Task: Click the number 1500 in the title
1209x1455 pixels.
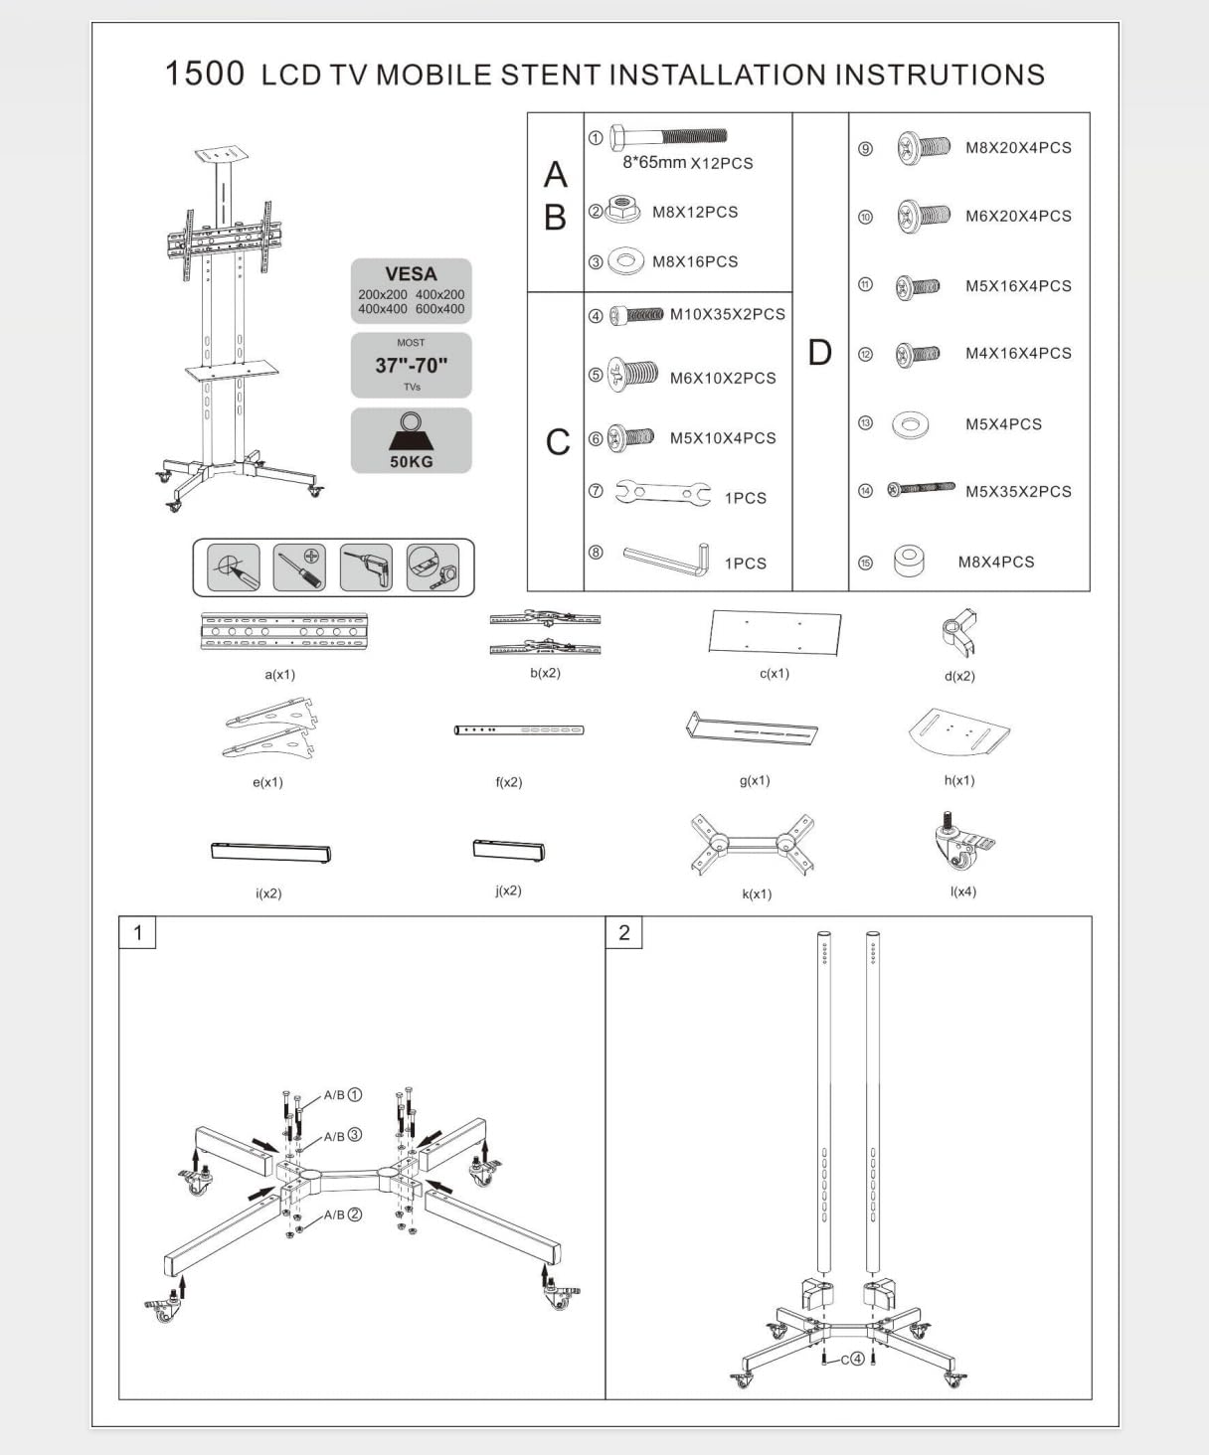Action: [204, 74]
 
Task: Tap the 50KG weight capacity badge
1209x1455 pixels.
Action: [411, 440]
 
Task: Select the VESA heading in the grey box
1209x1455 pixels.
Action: [411, 273]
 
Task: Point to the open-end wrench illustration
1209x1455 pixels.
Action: [662, 492]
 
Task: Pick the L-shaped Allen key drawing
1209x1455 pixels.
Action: [667, 559]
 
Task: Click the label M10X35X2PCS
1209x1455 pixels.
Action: [727, 314]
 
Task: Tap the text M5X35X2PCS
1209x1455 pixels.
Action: [1018, 491]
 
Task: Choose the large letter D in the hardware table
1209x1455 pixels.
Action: [819, 352]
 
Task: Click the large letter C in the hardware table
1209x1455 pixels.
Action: [558, 441]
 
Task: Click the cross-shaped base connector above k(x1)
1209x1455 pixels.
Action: [753, 845]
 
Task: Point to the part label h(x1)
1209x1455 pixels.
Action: [959, 780]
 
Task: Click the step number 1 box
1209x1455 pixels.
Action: [137, 932]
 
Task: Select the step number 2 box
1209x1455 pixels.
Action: [624, 932]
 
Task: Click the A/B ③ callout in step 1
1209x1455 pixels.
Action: [342, 1135]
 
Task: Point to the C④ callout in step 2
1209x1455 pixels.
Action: [852, 1359]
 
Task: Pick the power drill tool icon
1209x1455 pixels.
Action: [366, 566]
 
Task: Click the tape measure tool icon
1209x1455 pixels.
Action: [432, 566]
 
